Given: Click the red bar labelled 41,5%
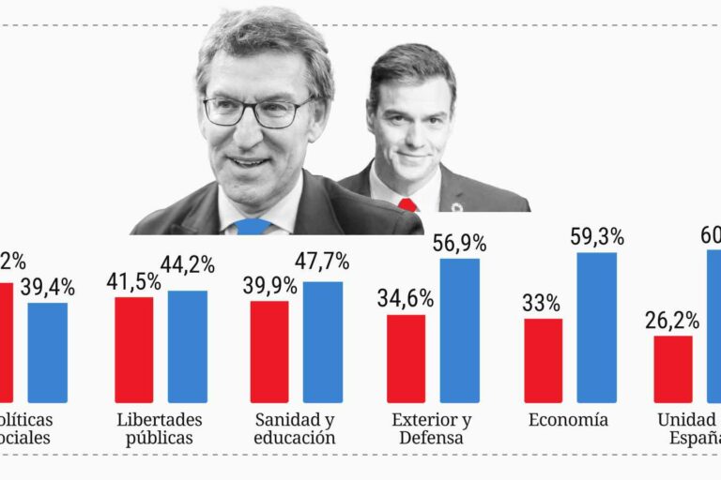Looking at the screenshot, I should click(x=133, y=350).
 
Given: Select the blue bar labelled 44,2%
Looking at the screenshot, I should click(x=188, y=346).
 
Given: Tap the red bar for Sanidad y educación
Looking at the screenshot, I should click(x=269, y=352).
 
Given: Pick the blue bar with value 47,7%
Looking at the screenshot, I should click(x=323, y=342).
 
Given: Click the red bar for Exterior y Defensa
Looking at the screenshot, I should click(x=406, y=358).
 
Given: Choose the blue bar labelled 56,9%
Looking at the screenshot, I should click(x=459, y=331).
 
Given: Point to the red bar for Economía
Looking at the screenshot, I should click(x=543, y=360).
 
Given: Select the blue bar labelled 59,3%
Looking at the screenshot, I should click(x=596, y=327).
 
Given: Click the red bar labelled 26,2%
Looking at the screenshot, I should click(x=673, y=368).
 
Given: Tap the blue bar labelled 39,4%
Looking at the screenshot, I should click(x=47, y=352).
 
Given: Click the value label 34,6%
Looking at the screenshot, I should click(x=406, y=299).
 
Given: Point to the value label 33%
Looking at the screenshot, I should click(x=542, y=304).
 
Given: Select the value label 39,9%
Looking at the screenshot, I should click(x=269, y=285).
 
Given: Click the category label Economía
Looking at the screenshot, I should click(x=568, y=419).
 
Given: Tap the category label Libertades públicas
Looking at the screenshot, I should click(x=160, y=428).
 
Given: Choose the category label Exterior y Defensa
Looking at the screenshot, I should click(x=432, y=428).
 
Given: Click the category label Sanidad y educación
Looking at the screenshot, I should click(x=295, y=428).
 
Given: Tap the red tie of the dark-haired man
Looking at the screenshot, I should click(x=407, y=204).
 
